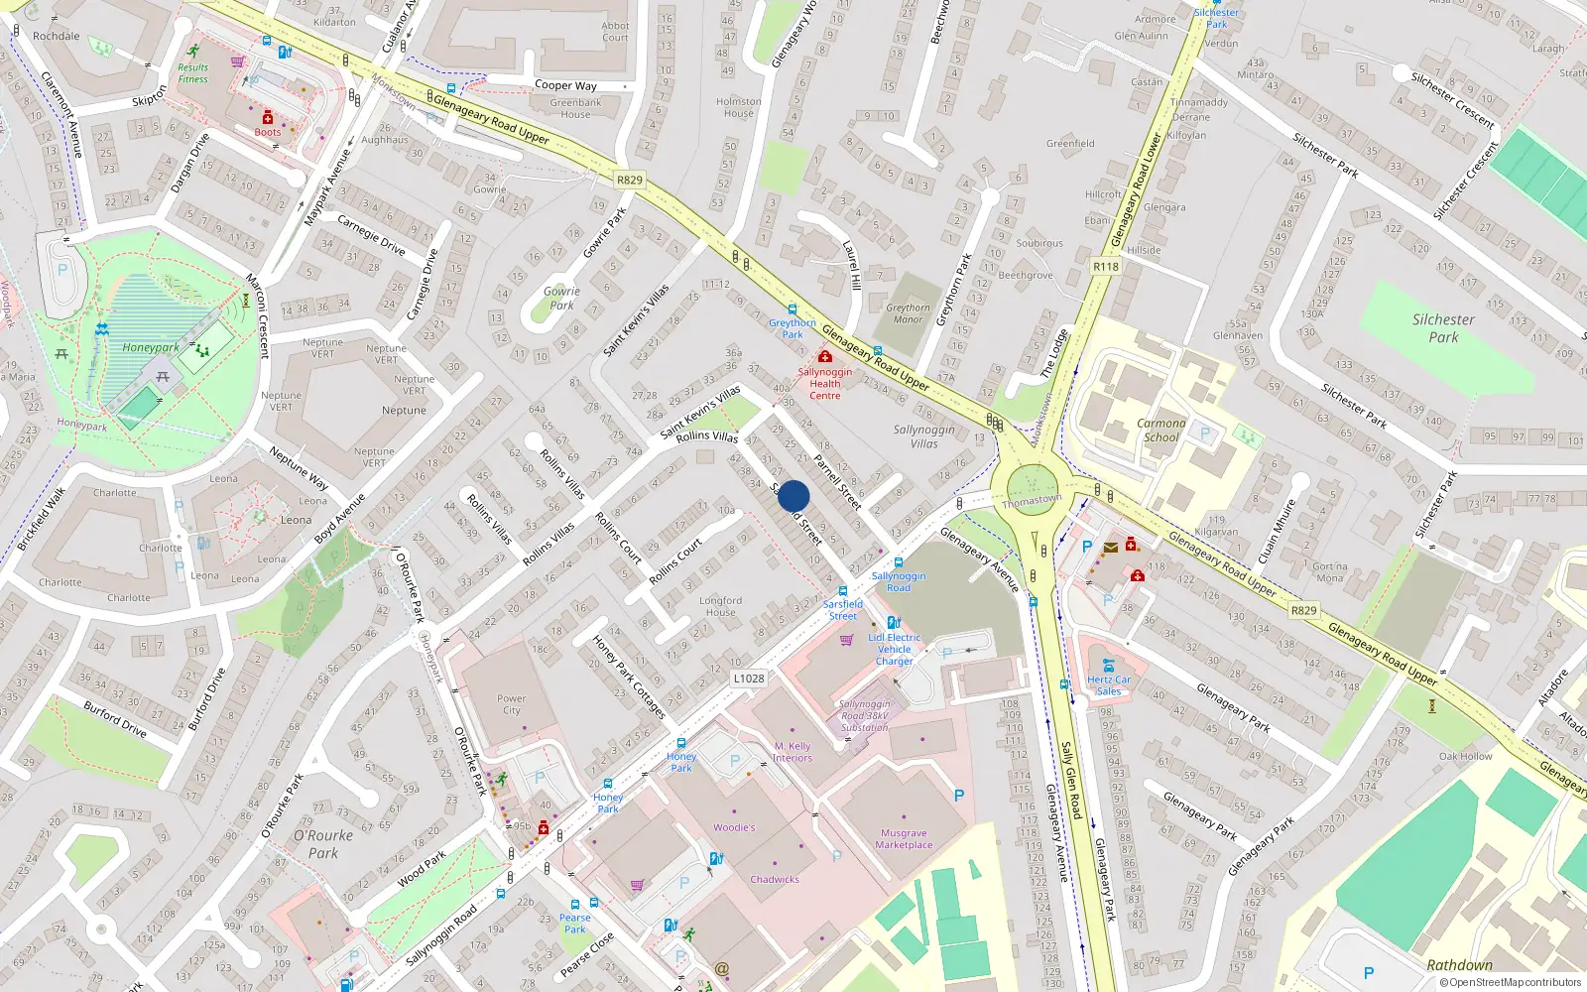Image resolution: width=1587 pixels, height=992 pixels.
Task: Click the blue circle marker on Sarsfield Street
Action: click(793, 496)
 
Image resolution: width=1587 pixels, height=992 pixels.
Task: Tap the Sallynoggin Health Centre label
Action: click(824, 384)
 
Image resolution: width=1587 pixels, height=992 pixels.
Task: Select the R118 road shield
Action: click(1106, 267)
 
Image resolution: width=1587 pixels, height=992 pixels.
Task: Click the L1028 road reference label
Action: click(749, 679)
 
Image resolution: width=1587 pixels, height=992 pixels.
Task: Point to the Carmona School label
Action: click(1161, 430)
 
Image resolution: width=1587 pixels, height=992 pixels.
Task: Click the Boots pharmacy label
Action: click(268, 132)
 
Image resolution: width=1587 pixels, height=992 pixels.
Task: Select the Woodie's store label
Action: click(734, 827)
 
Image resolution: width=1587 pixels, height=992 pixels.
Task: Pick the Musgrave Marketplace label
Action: click(904, 839)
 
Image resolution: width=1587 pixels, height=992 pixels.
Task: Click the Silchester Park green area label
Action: click(1443, 328)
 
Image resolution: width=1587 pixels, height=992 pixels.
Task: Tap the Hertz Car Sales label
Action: click(1109, 685)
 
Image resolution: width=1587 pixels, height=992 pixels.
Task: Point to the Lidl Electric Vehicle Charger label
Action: click(894, 650)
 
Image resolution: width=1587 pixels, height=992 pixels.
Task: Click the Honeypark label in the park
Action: click(151, 348)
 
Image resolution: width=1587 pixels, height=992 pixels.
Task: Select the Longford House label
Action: click(720, 606)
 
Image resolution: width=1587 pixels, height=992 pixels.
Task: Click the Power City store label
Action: click(511, 704)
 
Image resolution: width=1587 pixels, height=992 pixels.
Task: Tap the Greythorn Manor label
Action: click(908, 313)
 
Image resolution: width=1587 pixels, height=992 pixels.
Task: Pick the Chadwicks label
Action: click(775, 880)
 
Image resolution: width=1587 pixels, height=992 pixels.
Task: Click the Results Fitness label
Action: click(193, 73)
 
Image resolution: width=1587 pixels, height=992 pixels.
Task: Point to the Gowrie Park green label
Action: click(561, 298)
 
